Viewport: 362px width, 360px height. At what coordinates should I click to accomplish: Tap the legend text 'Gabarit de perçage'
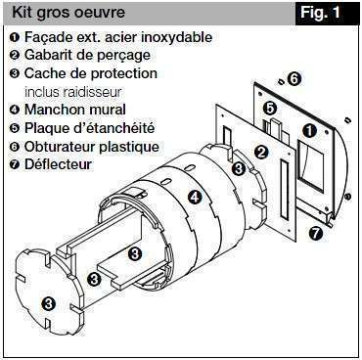tap(85, 56)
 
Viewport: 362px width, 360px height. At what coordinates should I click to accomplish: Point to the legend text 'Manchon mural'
tap(71, 110)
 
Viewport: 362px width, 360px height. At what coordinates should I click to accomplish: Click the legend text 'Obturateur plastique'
tap(92, 146)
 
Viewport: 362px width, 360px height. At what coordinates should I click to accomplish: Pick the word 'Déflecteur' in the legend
tap(59, 163)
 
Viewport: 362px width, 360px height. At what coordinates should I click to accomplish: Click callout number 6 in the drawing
tap(294, 77)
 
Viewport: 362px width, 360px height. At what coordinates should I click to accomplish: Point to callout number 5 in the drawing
tap(270, 107)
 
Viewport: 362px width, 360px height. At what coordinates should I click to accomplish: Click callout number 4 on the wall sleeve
tap(195, 197)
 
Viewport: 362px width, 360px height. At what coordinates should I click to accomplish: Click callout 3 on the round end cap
tap(48, 303)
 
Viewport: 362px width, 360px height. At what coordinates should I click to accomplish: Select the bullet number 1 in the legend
tap(14, 38)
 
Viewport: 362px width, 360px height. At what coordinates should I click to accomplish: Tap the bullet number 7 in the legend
tap(14, 163)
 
